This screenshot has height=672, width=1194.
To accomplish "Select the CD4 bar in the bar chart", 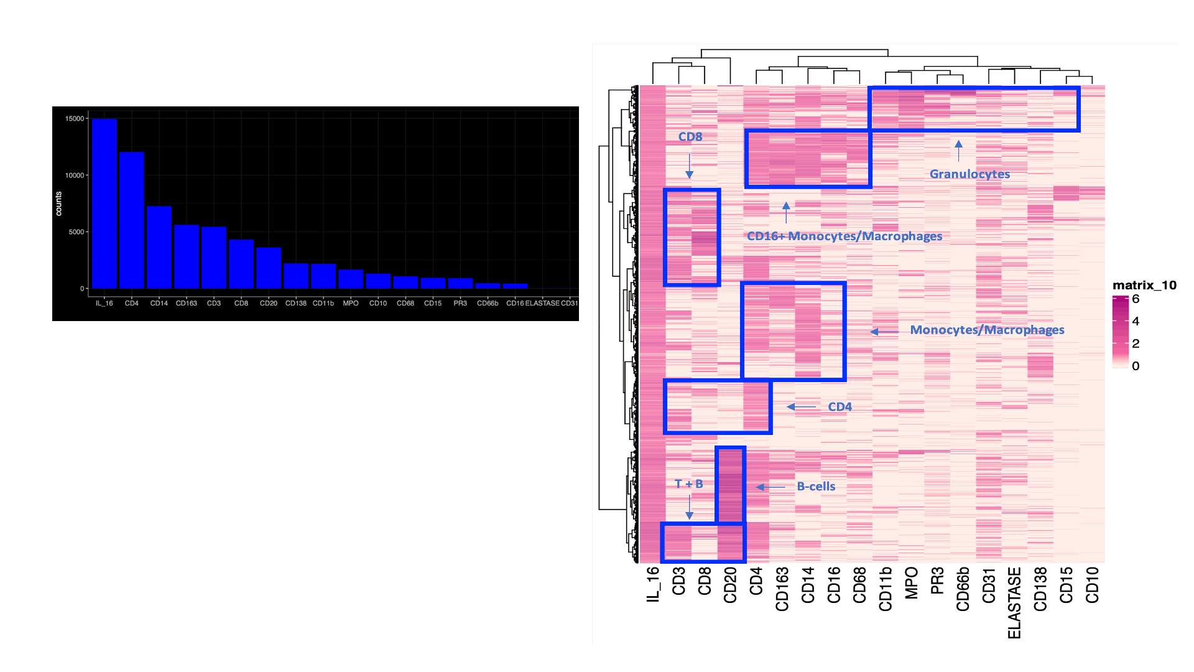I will pos(131,220).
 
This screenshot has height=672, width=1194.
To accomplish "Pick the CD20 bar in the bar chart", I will pos(268,268).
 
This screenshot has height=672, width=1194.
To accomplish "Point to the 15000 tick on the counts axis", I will pos(75,119).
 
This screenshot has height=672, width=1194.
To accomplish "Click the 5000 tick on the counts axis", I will pos(76,232).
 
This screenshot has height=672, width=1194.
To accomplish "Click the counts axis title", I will pos(58,203).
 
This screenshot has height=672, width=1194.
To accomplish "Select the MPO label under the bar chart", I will pos(351,304).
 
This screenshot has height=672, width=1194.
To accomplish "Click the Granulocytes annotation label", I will pos(970,174).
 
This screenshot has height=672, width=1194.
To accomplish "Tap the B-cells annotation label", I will pos(816,487).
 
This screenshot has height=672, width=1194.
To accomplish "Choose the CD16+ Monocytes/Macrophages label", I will pos(845,236).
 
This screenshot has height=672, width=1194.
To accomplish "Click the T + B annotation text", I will pos(689,484).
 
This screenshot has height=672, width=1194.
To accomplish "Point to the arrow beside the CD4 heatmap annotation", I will pos(801,407).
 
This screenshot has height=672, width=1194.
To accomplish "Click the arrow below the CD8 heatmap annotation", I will pos(689,166).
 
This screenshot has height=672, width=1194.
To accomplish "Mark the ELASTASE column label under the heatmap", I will pos(1014,602).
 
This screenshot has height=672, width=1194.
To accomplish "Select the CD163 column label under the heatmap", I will pos(782,589).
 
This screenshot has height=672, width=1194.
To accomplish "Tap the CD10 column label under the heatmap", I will pos(1092,585).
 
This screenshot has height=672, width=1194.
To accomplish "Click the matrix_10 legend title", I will pos(1144,286).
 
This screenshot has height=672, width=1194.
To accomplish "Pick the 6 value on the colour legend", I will pos(1136,299).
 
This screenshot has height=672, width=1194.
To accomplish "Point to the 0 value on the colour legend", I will pos(1136,366).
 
